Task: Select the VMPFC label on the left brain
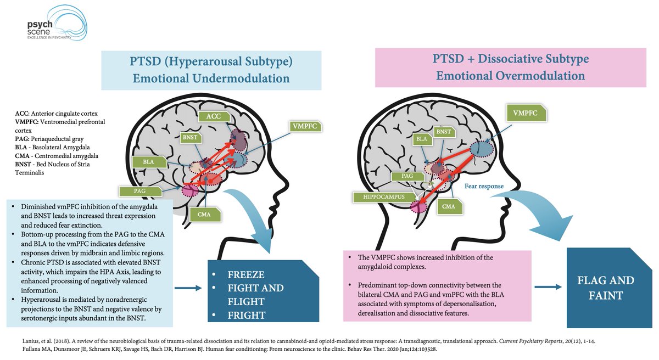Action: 304,126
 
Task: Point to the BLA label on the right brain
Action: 422,139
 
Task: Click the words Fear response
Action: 484,186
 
